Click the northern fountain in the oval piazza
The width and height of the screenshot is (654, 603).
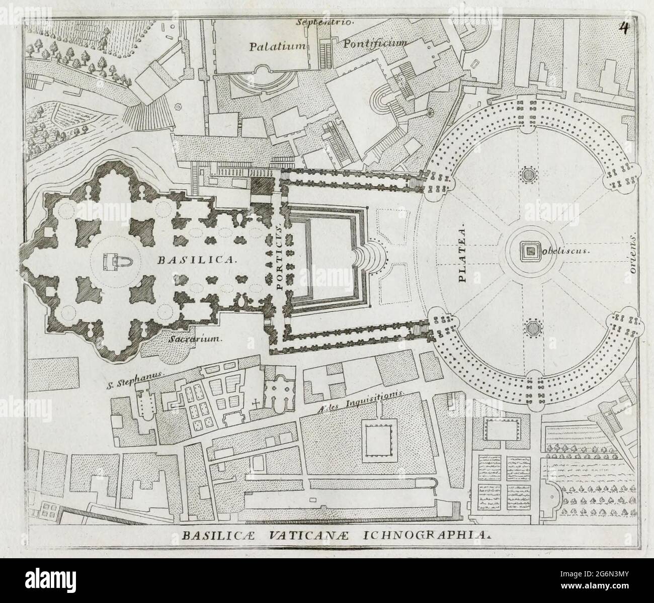(528, 175)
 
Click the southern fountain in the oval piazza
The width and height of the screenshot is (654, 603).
(531, 327)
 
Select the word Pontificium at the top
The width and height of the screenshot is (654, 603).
(374, 44)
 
